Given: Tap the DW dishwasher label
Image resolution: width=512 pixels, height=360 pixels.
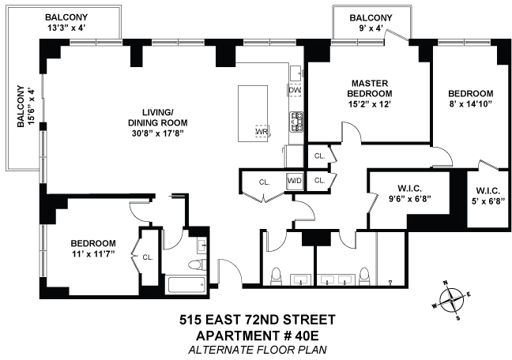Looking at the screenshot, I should coord(295,90).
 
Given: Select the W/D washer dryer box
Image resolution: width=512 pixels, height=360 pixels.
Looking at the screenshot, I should coord(295,181).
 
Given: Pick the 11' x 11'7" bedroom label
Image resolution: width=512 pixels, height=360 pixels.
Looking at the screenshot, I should coord(93,248).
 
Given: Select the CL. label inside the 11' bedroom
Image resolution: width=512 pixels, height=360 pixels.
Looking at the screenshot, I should coord(148,256).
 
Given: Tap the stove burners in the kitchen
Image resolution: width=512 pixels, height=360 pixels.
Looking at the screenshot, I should coord(297,120).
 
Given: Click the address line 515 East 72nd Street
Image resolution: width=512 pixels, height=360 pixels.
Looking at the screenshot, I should coord(254,320).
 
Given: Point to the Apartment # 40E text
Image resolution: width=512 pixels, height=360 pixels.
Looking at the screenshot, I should coord(254,335).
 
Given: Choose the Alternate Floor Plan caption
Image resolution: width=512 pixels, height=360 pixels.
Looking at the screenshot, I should coord(254,349).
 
